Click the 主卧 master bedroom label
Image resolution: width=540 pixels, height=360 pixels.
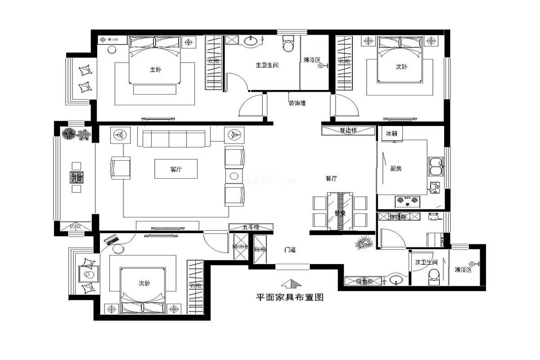click(x=155, y=70)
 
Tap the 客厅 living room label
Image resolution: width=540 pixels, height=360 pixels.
click(x=176, y=169)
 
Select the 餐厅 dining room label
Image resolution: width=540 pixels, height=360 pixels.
click(x=331, y=178)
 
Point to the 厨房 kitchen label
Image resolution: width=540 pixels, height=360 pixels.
click(x=396, y=168)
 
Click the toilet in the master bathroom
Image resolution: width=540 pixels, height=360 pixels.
click(x=288, y=44)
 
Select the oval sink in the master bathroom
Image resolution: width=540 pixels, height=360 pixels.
click(x=251, y=42)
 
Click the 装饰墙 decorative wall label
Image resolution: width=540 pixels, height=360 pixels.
click(x=297, y=103)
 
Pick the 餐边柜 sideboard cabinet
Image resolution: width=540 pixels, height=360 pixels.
click(x=348, y=130)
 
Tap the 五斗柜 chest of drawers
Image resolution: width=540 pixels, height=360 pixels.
click(x=251, y=227)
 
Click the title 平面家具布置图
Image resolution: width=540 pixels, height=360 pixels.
click(x=290, y=297)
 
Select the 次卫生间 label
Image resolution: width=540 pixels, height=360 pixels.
click(x=426, y=262)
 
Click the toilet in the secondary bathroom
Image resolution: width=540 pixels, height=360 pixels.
click(x=434, y=276)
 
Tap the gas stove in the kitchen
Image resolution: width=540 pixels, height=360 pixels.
click(x=407, y=200)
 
